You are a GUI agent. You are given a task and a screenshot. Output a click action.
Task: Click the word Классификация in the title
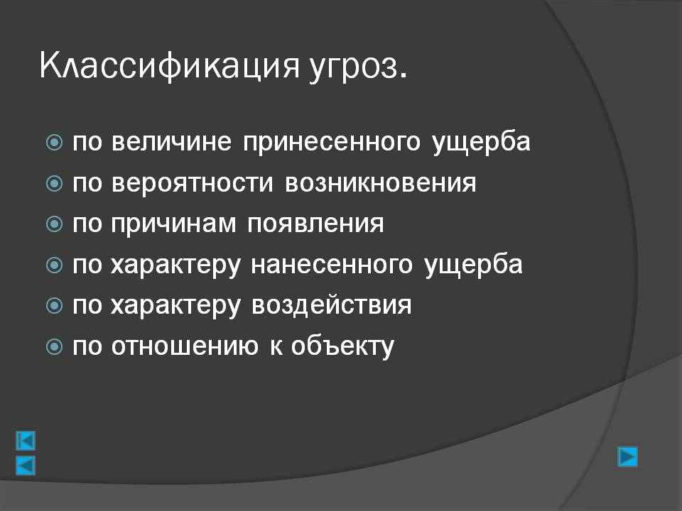tap(170, 67)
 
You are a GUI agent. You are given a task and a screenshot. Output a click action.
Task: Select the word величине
tap(171, 142)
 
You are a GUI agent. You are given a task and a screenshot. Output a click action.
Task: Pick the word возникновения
tap(381, 182)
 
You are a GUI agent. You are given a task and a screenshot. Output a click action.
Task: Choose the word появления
tap(315, 224)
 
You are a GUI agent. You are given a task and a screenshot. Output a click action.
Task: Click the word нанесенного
tap(332, 265)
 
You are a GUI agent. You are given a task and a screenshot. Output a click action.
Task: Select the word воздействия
tap(332, 304)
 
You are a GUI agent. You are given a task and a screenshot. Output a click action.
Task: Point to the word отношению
tap(185, 346)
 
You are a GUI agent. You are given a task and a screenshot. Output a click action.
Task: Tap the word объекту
tap(342, 346)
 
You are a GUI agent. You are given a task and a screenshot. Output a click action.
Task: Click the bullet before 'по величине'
tap(54, 142)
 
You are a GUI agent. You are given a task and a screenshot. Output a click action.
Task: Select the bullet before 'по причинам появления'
tap(54, 224)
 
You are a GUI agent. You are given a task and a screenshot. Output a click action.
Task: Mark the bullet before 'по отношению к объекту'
tap(54, 347)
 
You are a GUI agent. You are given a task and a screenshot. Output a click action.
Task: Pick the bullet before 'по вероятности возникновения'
tap(54, 183)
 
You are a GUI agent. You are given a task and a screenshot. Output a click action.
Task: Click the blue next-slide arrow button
tap(627, 456)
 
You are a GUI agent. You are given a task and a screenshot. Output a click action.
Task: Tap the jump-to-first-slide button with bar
tap(26, 441)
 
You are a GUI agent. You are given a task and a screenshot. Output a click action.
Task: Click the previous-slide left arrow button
tap(26, 466)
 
